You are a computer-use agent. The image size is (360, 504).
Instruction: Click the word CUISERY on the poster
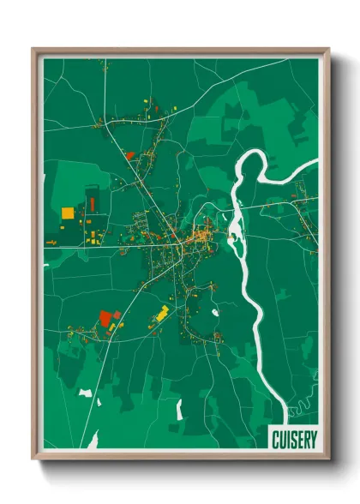[295, 439]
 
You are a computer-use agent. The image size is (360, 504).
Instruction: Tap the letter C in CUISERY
[276, 439]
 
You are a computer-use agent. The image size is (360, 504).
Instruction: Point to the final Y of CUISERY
[314, 439]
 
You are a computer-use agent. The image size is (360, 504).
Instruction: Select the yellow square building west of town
[68, 212]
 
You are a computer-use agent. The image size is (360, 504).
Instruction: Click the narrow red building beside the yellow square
[92, 205]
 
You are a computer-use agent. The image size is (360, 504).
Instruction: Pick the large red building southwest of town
[106, 317]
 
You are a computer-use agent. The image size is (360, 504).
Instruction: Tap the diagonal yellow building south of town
[160, 313]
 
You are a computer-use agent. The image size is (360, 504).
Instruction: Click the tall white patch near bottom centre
[179, 410]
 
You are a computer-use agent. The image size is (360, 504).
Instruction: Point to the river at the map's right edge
[313, 165]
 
